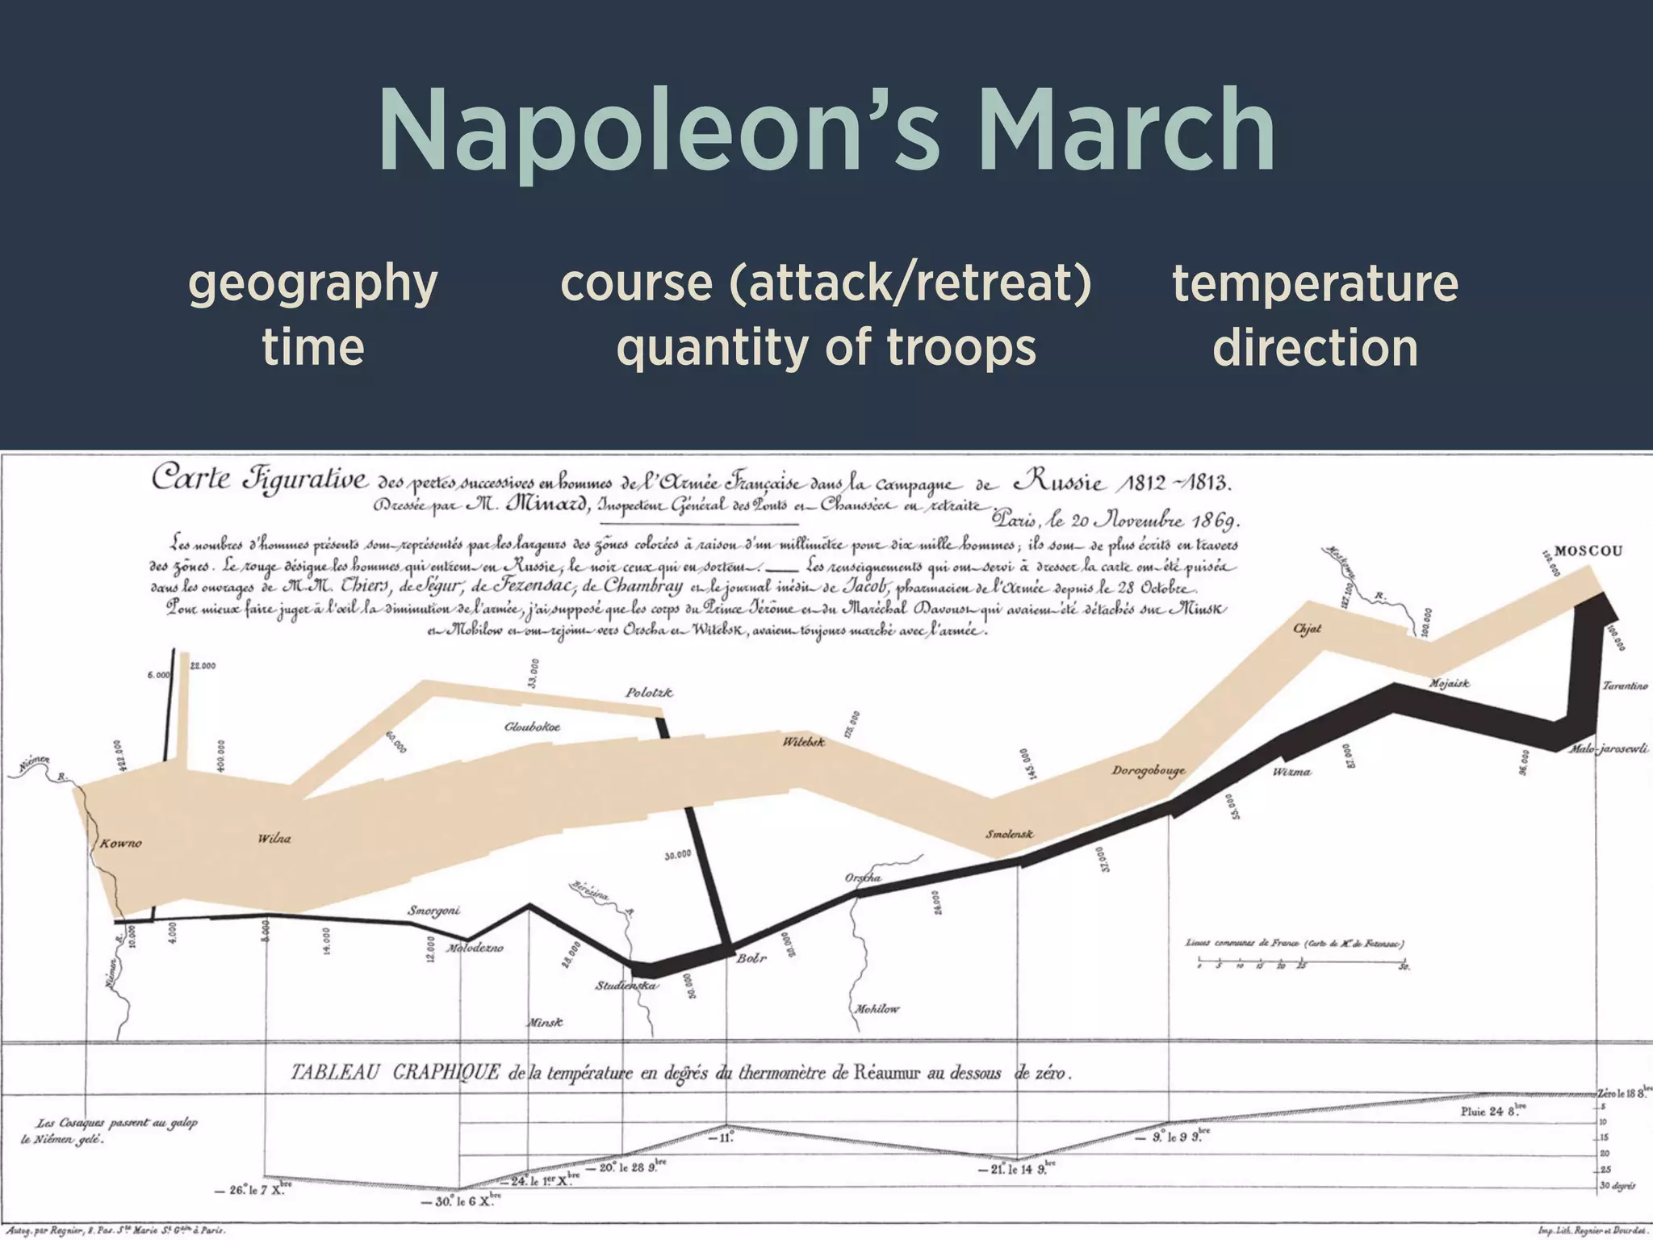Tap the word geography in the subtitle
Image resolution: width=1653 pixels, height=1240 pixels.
[x=312, y=283]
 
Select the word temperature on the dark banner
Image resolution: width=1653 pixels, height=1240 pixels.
[x=1315, y=283]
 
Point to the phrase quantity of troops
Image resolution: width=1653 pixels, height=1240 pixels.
[x=826, y=347]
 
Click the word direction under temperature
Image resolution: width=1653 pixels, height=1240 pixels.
[x=1315, y=347]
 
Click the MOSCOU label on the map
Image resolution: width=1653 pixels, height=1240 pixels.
[x=1588, y=551]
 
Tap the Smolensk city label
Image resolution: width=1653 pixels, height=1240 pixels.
[x=1009, y=834]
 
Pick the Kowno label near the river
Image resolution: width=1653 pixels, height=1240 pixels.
[x=120, y=844]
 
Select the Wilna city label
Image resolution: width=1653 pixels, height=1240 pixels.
[x=274, y=838]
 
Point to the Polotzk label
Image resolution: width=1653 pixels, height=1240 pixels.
[x=649, y=693]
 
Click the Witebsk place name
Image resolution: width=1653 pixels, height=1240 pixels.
[x=803, y=741]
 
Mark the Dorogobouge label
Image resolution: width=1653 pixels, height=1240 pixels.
[x=1148, y=770]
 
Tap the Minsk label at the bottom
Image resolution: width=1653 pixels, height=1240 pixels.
[x=545, y=1022]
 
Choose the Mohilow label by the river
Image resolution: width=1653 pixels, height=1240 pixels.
[x=877, y=1008]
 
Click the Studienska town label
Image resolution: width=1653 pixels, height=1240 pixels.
[x=626, y=985]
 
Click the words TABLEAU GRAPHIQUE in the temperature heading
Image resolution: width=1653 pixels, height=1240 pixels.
[x=395, y=1073]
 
